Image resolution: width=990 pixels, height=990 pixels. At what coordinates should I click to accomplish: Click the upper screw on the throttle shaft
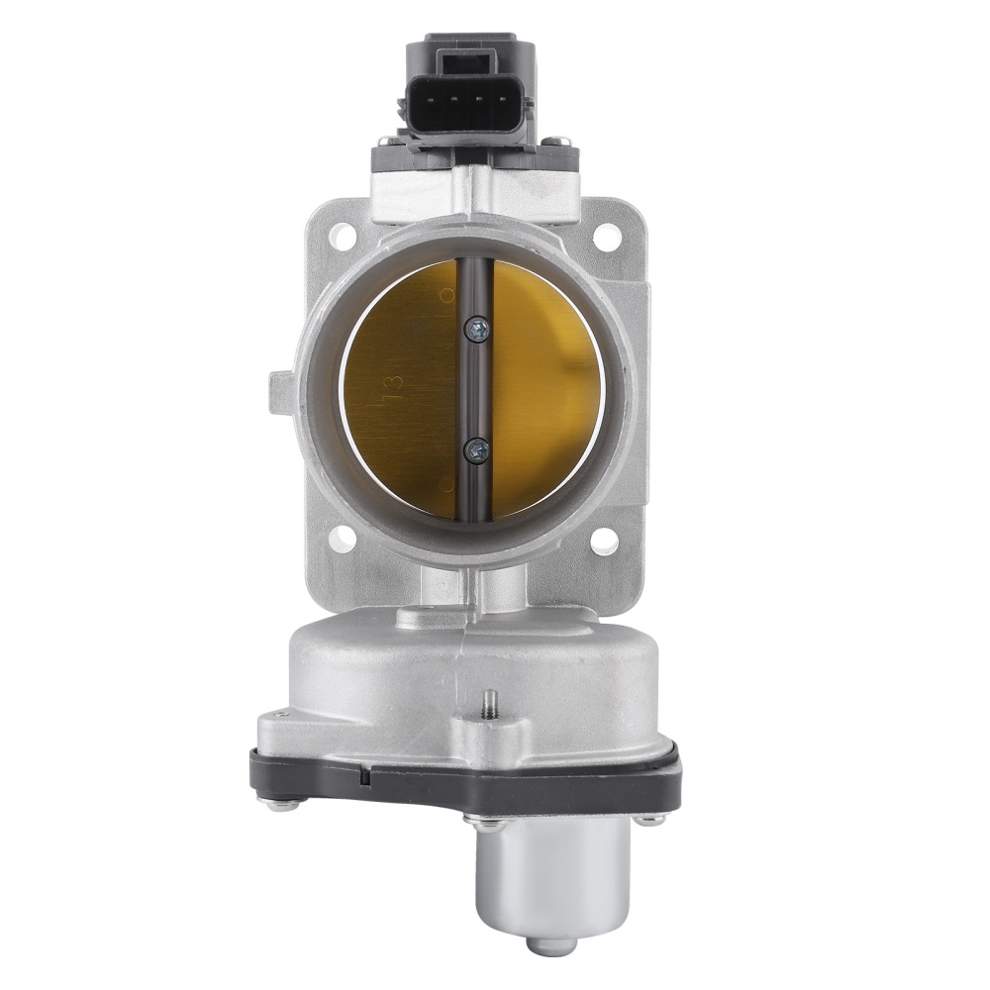479,328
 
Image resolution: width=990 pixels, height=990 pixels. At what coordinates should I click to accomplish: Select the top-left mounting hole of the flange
344,237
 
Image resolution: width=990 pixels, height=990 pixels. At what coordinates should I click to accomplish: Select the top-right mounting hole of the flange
604,237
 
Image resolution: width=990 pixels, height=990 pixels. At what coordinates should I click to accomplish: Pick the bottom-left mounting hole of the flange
344,540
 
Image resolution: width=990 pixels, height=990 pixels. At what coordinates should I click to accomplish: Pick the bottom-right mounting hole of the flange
604,540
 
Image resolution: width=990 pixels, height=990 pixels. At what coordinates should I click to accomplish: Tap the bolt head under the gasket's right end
649,819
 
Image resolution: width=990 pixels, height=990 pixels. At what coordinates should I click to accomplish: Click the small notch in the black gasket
367,778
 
